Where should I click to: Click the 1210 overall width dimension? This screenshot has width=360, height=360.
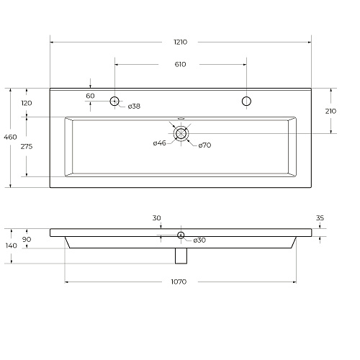pos(181,42)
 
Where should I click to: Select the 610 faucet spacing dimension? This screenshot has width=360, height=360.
pos(180,64)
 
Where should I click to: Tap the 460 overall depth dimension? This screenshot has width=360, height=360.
pos(10,137)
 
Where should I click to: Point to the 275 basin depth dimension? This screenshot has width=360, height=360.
pos(27,146)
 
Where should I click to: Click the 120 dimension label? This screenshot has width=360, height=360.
pos(27,103)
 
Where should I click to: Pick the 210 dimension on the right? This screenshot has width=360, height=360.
pos(330,111)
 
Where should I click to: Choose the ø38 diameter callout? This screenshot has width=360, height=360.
pos(134,106)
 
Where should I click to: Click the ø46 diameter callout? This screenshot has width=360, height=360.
pos(160,143)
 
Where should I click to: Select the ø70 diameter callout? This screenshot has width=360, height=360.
pos(204,145)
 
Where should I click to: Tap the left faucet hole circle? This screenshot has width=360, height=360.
pos(114,101)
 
